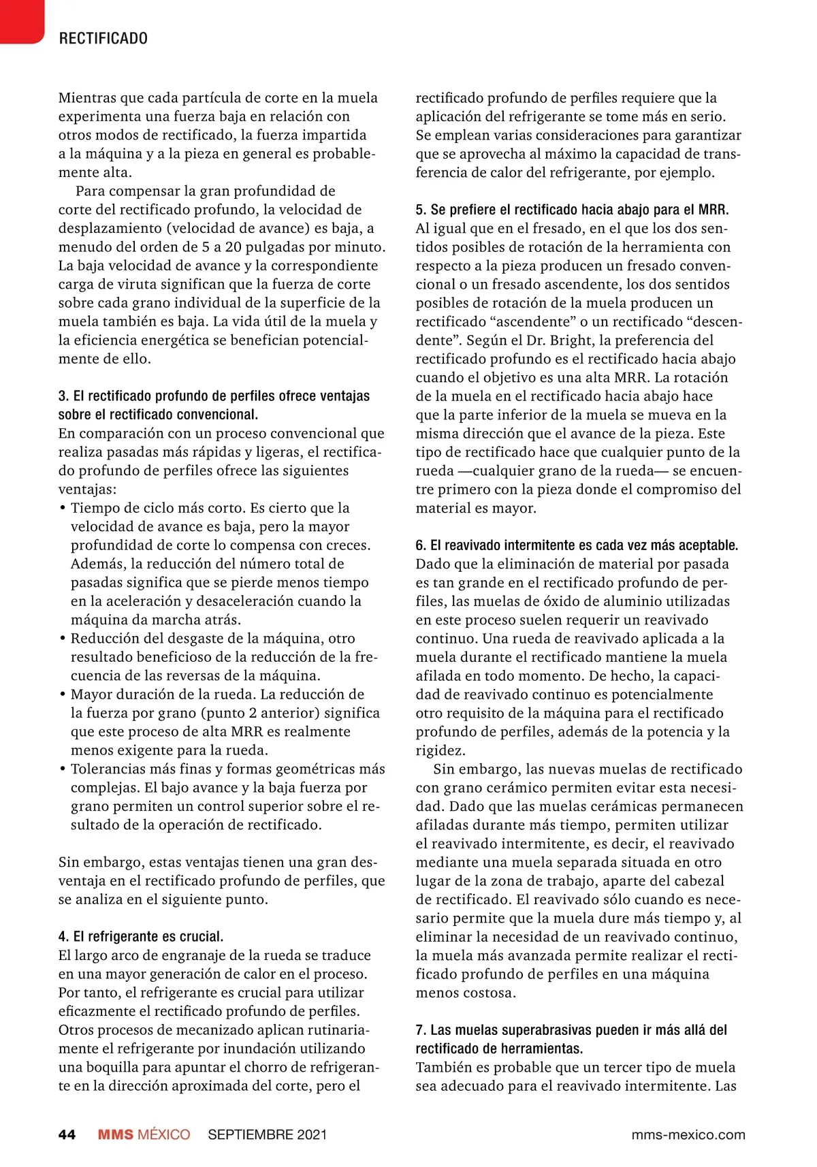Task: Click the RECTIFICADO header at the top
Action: click(x=103, y=38)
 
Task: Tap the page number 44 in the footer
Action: click(x=67, y=1134)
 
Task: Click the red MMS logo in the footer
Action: click(x=116, y=1134)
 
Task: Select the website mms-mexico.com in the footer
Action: click(x=688, y=1134)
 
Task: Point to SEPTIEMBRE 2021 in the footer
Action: click(x=267, y=1134)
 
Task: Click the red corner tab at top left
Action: click(x=20, y=20)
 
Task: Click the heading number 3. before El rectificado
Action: click(x=63, y=396)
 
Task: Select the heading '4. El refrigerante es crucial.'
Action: click(x=141, y=936)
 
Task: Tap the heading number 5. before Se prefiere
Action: click(x=421, y=210)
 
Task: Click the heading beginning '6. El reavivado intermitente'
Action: click(x=577, y=545)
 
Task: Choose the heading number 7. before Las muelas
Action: click(x=421, y=1030)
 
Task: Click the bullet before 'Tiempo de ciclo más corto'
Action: click(x=63, y=508)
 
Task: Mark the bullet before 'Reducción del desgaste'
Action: click(x=63, y=639)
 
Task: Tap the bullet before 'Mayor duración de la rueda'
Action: click(x=63, y=694)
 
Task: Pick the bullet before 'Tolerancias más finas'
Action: click(x=63, y=769)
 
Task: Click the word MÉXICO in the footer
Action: click(x=164, y=1134)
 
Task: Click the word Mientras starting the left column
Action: click(x=84, y=98)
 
